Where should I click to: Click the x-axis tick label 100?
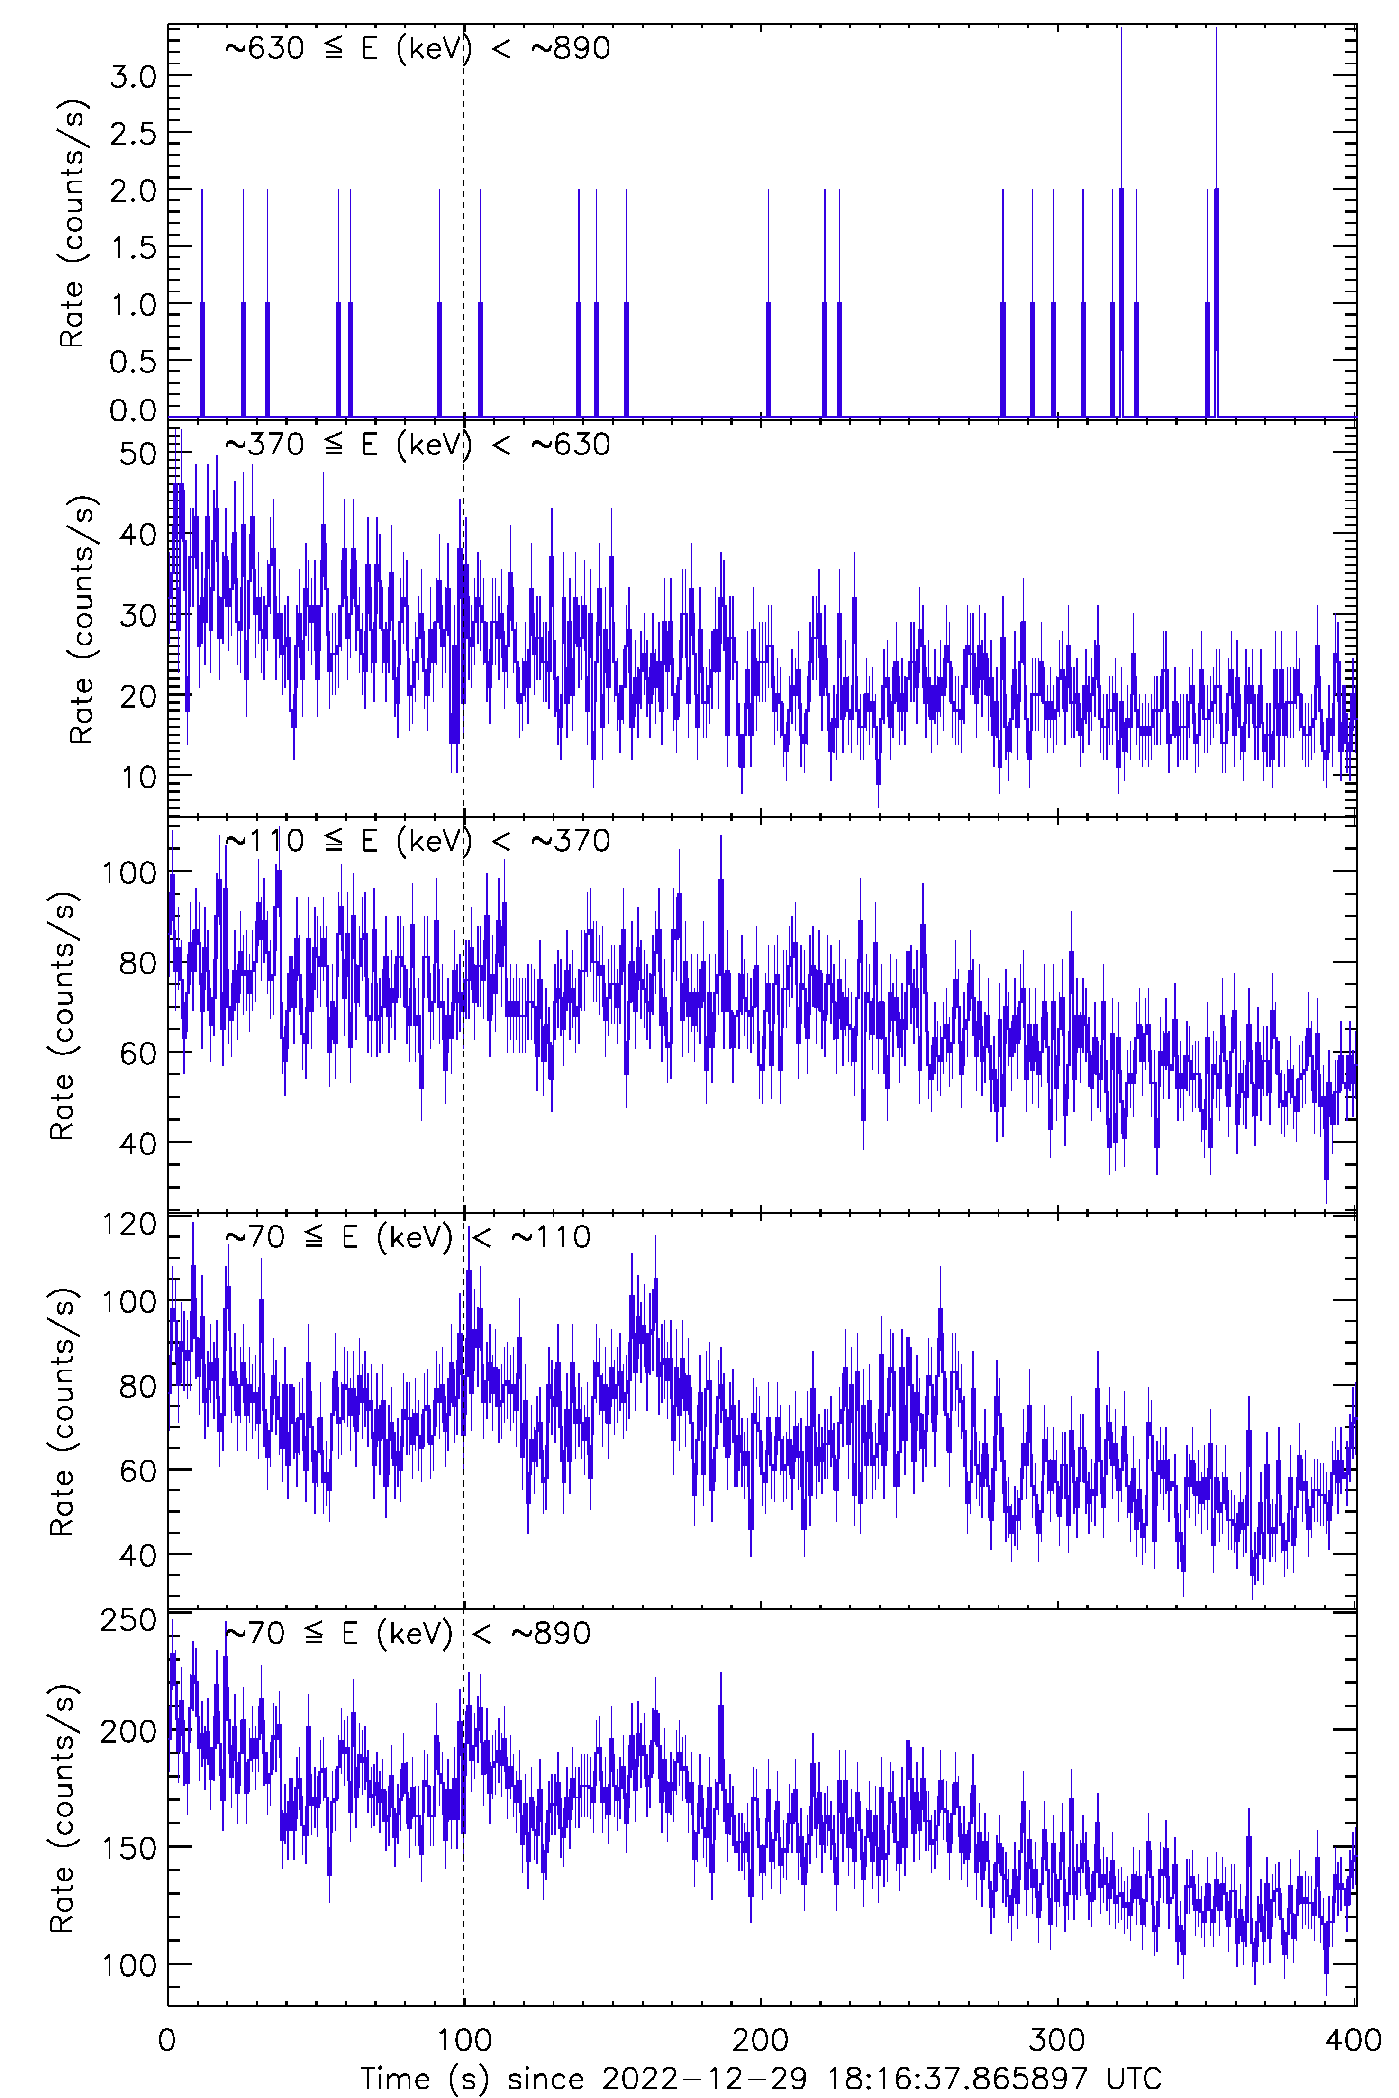[x=464, y=2040]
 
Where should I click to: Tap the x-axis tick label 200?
[x=760, y=2040]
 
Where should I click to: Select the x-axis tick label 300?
[x=1057, y=2040]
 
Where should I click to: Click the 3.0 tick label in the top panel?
[x=133, y=77]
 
